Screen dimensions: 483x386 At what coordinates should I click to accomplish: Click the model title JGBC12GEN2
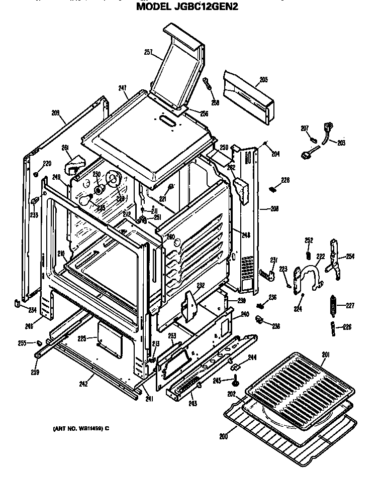click(x=194, y=7)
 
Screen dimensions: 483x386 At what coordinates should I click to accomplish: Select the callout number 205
click(x=263, y=79)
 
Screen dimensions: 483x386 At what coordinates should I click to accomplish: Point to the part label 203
click(x=341, y=143)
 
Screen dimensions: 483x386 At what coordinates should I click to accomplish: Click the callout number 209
click(x=55, y=113)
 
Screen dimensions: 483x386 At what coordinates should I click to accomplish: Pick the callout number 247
click(x=122, y=88)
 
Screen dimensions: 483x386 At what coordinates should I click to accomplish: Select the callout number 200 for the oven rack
click(x=222, y=436)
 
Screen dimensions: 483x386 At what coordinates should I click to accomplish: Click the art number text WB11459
click(x=81, y=428)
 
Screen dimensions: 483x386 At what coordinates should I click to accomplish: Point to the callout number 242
click(x=83, y=384)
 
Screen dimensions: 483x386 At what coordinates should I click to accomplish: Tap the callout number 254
click(x=350, y=257)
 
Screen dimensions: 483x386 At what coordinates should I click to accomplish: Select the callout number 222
click(x=320, y=257)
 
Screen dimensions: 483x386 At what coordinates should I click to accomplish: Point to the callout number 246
click(x=29, y=326)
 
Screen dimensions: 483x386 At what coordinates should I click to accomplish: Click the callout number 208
click(x=274, y=208)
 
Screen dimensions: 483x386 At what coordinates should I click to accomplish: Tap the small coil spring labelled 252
click(x=309, y=255)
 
